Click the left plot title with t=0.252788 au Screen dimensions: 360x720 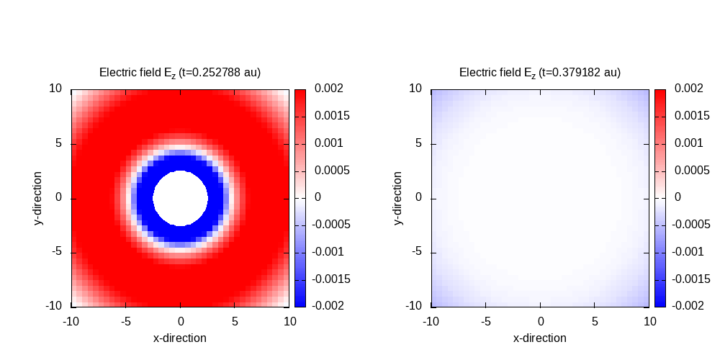tap(180, 72)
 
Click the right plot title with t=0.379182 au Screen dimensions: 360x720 tap(540, 72)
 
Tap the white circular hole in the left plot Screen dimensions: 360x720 tap(180, 198)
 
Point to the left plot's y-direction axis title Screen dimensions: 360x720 tap(38, 198)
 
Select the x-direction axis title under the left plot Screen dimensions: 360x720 tap(180, 338)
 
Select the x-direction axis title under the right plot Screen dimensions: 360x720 tap(540, 338)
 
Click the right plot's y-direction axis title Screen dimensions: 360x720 tap(398, 198)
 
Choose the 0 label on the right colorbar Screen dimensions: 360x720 tap(678, 197)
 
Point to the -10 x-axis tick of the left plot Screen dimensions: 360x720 tap(71, 321)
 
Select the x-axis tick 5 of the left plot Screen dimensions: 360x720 tap(235, 321)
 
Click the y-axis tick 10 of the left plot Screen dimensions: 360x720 tap(55, 89)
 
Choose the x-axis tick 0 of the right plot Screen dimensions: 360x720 tap(541, 321)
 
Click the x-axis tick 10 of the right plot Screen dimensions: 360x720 tap(649, 321)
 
